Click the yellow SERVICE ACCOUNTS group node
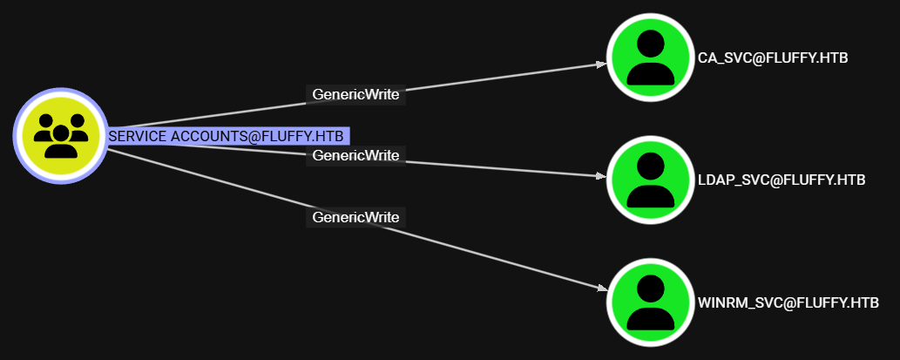pos(60,136)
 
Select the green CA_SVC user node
pos(650,58)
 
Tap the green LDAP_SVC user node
pos(650,180)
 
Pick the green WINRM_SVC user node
pos(650,302)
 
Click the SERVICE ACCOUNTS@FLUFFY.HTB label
pos(227,136)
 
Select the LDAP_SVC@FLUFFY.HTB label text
pos(782,180)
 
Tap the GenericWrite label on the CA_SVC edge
pos(356,95)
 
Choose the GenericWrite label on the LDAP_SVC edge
pos(355,155)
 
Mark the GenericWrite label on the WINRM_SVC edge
pos(355,216)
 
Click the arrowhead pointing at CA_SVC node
pos(601,64)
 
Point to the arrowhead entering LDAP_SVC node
pos(600,176)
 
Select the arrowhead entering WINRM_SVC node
pos(601,289)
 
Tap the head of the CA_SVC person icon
pos(650,44)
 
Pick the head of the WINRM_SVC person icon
pos(650,289)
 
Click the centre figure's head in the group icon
pos(60,132)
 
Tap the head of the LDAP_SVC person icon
pos(650,166)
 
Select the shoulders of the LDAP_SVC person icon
pos(650,195)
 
